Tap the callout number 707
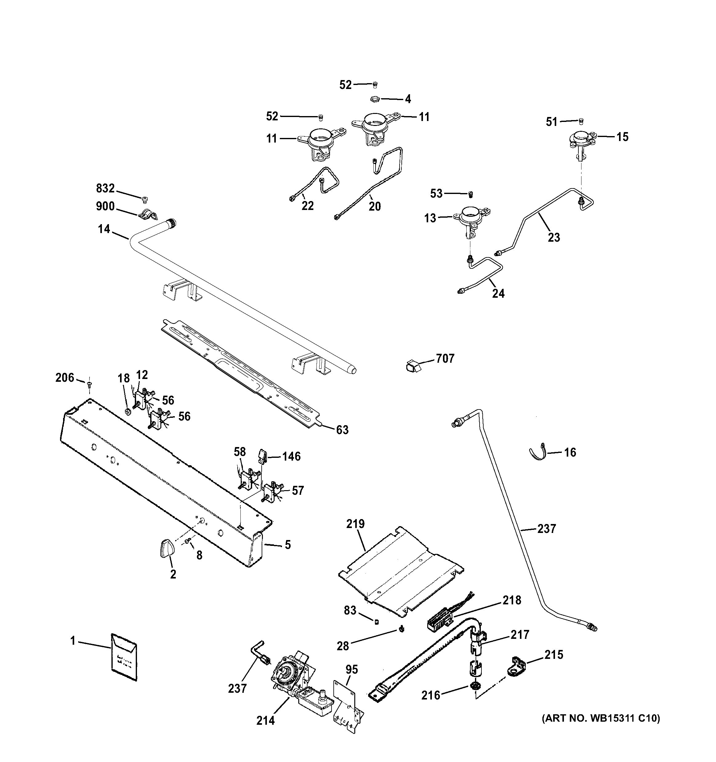tap(445, 359)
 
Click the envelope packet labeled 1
tap(124, 657)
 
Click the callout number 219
tap(355, 524)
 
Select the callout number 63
tap(342, 430)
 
